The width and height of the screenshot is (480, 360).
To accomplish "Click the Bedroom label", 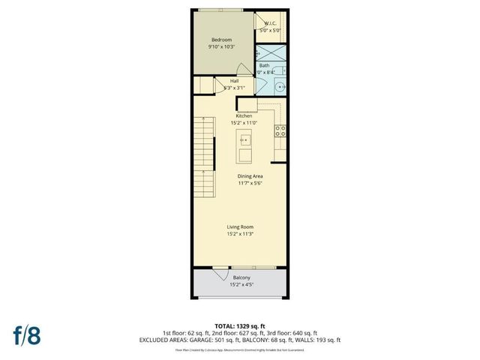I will (x=221, y=39).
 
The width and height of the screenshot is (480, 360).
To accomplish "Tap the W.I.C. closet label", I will (x=270, y=23).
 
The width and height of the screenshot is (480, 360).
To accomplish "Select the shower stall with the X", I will (x=270, y=54).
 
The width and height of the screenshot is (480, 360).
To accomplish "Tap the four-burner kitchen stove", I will (x=281, y=130).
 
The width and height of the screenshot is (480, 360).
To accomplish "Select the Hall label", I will (x=234, y=80).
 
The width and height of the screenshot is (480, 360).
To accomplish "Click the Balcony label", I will (x=241, y=277).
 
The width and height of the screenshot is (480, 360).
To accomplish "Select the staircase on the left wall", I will (x=202, y=157).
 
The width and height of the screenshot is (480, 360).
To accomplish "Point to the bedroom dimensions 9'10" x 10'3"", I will (x=221, y=46).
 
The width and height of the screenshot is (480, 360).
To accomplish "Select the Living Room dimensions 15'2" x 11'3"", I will (x=241, y=233).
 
